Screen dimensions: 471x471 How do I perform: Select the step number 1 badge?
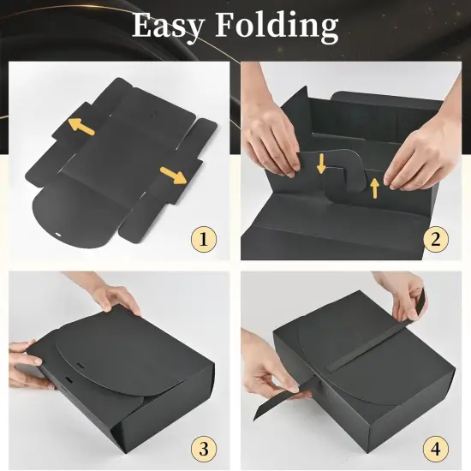click(203, 239)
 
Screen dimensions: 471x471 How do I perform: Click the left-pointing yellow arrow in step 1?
click(81, 126)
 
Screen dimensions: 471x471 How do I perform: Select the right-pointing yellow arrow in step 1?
click(174, 176)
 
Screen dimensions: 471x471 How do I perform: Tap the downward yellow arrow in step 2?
click(321, 162)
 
